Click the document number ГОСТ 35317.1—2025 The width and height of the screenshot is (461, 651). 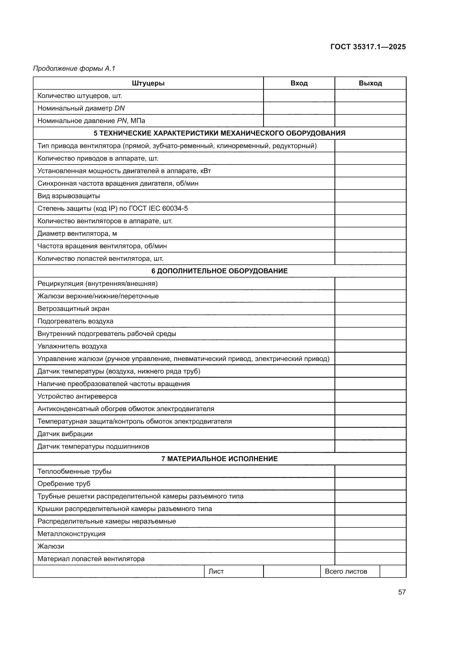click(x=368, y=47)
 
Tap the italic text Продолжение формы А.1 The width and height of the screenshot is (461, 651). click(x=74, y=68)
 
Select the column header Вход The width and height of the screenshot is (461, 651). click(x=299, y=83)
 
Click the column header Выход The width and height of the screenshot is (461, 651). click(x=370, y=83)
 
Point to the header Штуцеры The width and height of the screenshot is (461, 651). click(x=148, y=83)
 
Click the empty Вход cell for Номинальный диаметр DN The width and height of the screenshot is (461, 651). click(x=299, y=108)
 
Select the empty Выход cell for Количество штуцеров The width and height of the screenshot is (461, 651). click(x=370, y=96)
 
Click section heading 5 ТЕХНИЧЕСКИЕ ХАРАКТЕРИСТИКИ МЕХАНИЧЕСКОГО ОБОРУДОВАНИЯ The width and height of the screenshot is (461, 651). click(x=219, y=133)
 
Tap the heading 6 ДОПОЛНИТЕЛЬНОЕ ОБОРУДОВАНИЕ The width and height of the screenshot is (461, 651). click(x=219, y=271)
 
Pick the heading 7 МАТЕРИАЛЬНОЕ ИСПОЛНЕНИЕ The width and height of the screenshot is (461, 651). click(x=219, y=459)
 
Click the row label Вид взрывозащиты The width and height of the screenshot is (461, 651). click(x=69, y=196)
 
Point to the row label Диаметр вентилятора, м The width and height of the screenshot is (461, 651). click(x=77, y=234)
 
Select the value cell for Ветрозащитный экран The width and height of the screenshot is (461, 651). click(x=370, y=308)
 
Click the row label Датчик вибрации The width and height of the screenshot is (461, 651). click(x=65, y=434)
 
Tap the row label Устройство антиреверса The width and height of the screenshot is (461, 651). click(x=77, y=396)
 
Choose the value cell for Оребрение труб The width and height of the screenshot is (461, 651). click(x=370, y=484)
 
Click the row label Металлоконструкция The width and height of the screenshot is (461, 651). click(x=72, y=534)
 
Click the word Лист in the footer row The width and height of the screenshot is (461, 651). click(x=216, y=571)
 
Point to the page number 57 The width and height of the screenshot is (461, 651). click(x=402, y=592)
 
